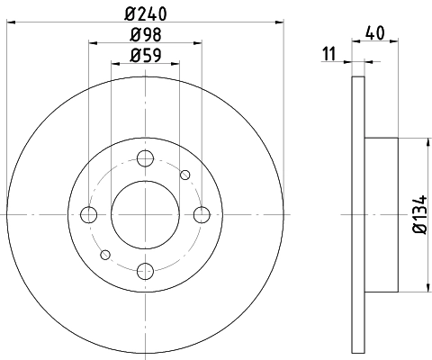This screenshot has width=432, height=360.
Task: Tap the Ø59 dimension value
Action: [145, 56]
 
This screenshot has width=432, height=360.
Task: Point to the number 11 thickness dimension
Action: [329, 56]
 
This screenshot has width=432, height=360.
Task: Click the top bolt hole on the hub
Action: [145, 159]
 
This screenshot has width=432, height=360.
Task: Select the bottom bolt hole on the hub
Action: [145, 269]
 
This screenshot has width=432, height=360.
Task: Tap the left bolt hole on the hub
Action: [89, 214]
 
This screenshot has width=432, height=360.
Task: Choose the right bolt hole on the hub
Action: [201, 214]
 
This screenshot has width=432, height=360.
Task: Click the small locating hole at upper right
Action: [185, 175]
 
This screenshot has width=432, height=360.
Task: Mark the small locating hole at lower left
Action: [104, 254]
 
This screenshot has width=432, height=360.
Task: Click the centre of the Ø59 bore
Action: [145, 214]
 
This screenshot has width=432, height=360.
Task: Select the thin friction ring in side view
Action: [358, 214]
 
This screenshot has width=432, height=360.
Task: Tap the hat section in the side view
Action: [382, 214]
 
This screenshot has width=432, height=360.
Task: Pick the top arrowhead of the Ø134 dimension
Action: [426, 142]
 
